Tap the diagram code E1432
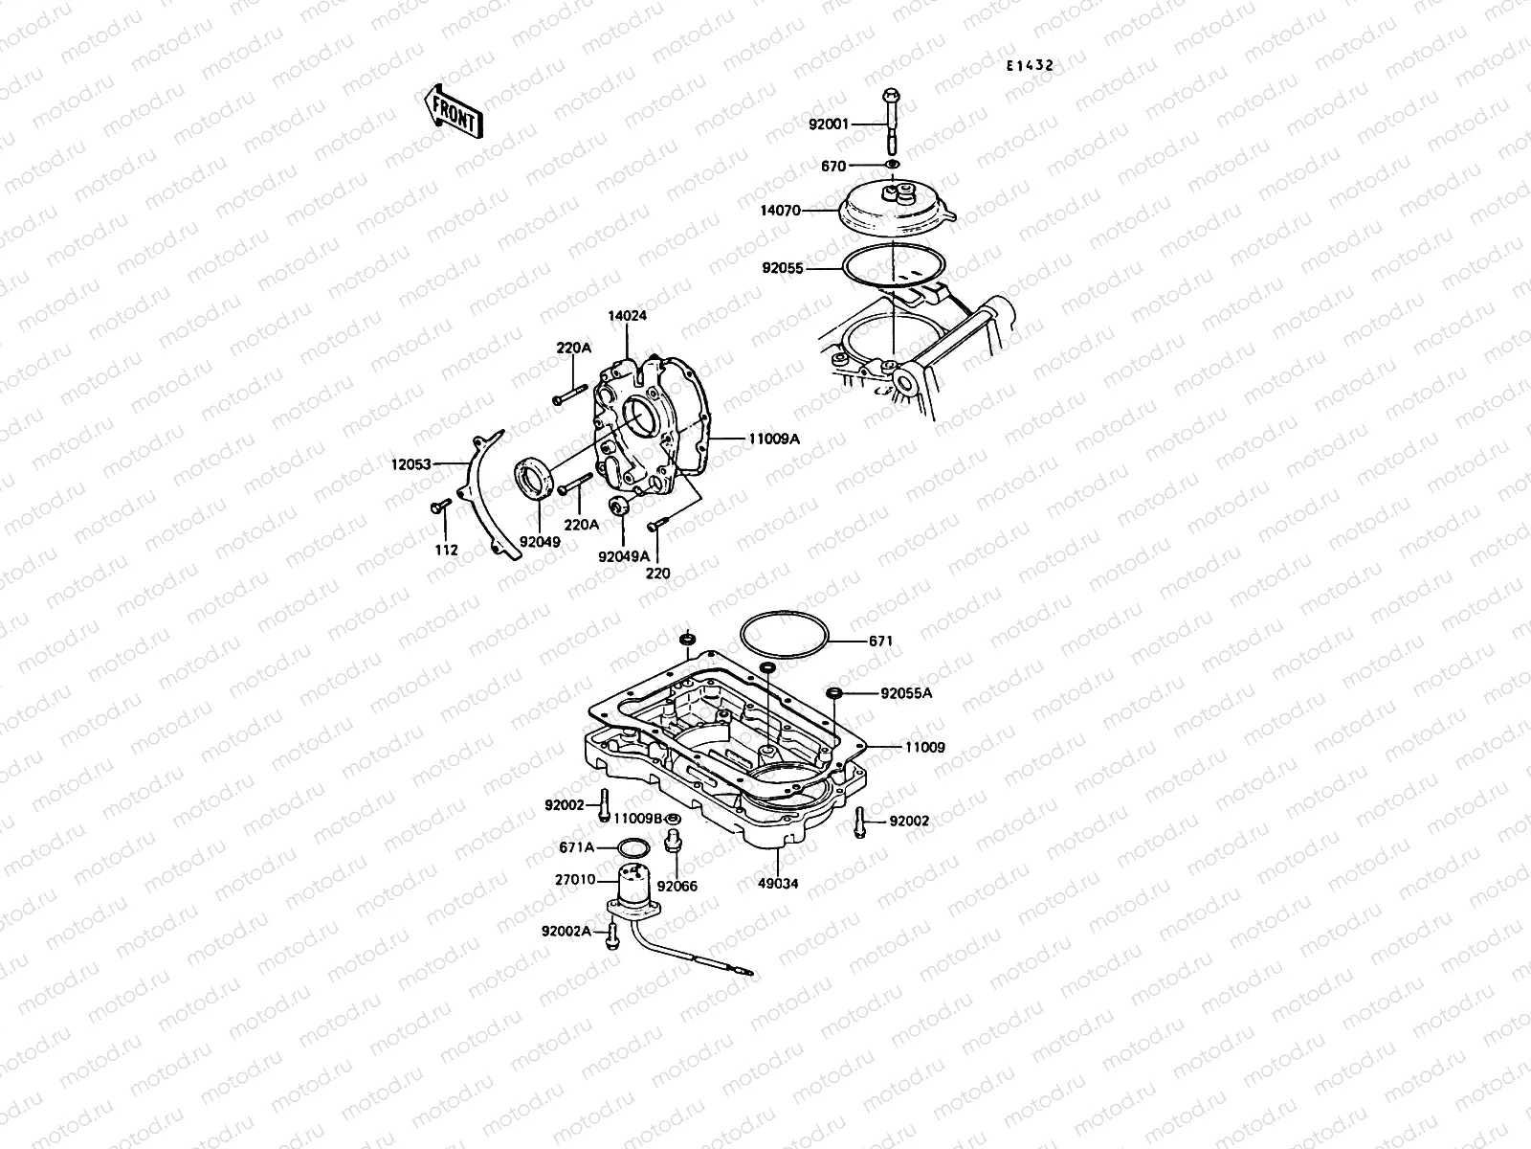[x=1029, y=66]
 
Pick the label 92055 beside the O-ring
[x=783, y=270]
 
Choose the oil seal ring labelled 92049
[x=532, y=478]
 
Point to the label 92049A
[x=623, y=556]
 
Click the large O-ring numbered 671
[x=783, y=637]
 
